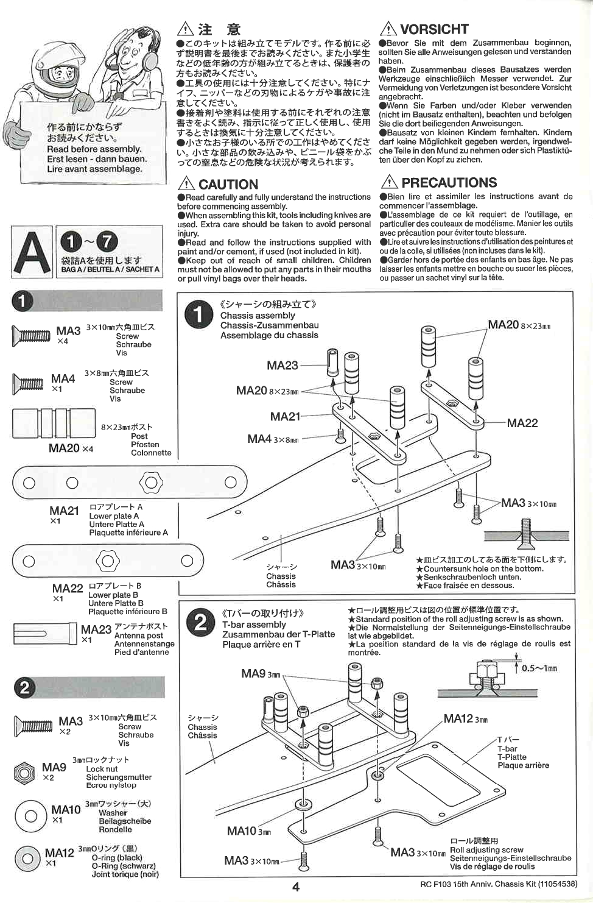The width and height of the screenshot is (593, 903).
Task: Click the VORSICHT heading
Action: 433,29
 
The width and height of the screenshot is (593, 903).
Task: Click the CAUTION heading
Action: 228,184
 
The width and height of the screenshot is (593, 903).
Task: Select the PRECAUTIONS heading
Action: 449,182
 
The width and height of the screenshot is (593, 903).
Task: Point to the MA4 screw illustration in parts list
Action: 27,383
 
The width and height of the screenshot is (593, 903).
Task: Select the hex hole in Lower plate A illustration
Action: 151,483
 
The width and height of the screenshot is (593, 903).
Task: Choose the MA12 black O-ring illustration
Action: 27,859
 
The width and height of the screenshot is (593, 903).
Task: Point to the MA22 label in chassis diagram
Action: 522,423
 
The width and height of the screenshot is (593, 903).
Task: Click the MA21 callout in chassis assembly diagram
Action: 285,416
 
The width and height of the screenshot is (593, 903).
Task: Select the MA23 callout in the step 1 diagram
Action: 282,365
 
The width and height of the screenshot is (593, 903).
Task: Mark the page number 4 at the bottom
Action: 296,887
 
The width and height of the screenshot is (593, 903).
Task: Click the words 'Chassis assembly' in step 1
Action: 258,316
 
